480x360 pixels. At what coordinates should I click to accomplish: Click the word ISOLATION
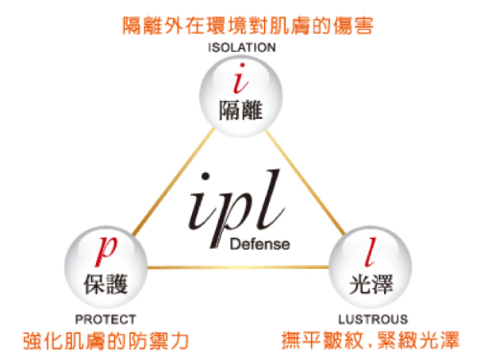pos(242,48)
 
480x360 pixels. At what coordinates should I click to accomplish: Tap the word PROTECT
pos(106,320)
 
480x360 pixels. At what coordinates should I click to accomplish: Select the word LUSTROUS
pos(373,320)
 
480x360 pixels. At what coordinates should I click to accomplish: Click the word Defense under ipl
pos(260,244)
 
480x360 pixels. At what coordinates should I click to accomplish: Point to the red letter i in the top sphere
pos(240,79)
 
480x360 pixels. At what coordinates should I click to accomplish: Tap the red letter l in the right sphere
pos(371,252)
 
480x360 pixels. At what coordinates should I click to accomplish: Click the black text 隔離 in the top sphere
pos(241,110)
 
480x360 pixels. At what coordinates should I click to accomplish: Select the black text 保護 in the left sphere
pos(106,284)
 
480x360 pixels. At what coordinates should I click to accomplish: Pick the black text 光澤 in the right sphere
pos(371,284)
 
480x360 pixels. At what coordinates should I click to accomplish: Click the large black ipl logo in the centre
pos(237,208)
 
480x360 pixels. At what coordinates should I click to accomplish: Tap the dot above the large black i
pos(205,177)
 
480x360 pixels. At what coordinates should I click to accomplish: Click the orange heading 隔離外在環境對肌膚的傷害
pos(248,26)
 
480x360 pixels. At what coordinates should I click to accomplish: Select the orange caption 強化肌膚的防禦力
pos(106,341)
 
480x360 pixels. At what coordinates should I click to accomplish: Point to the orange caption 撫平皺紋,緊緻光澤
pos(371,340)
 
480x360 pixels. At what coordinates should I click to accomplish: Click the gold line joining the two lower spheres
pos(238,267)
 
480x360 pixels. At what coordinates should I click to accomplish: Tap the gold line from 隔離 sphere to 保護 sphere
pos(173,181)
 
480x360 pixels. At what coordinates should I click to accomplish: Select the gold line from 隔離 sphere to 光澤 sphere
pos(305,182)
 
